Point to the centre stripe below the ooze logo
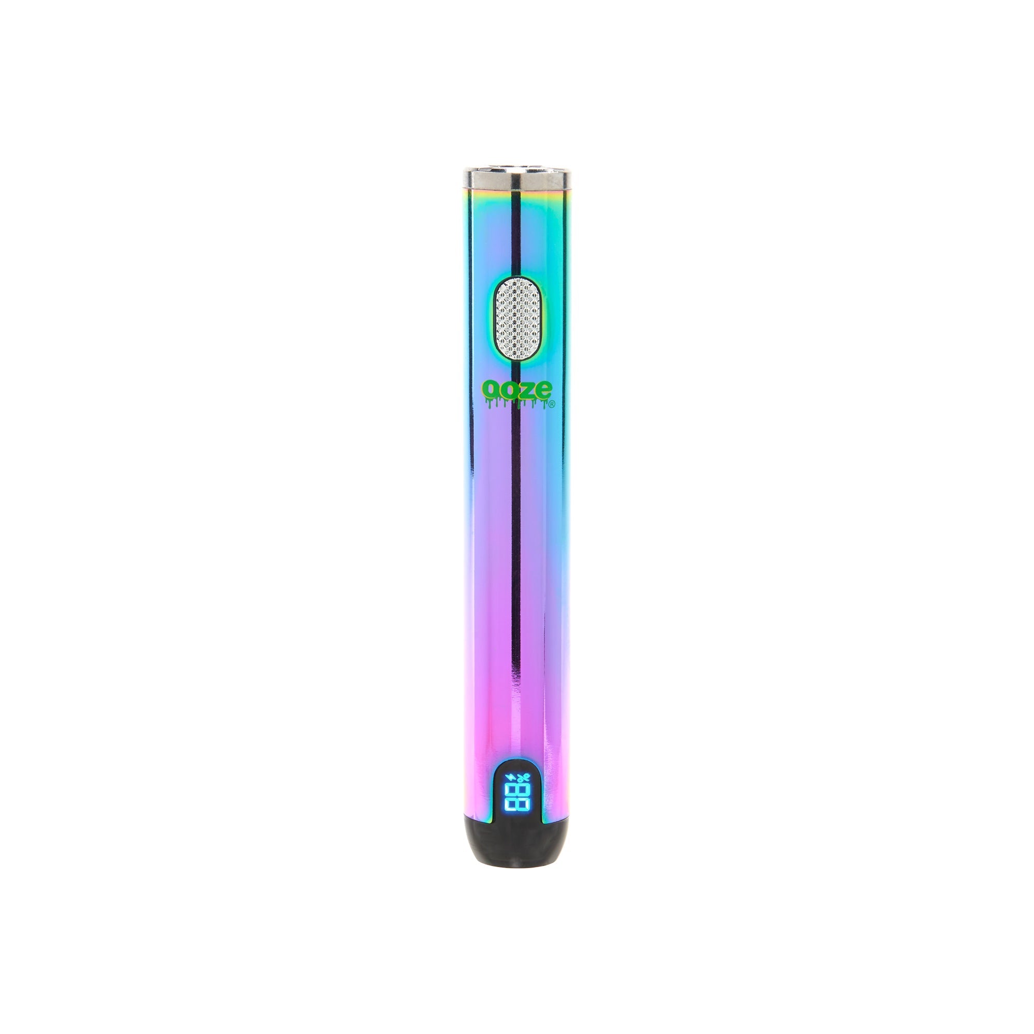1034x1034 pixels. pos(516,535)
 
